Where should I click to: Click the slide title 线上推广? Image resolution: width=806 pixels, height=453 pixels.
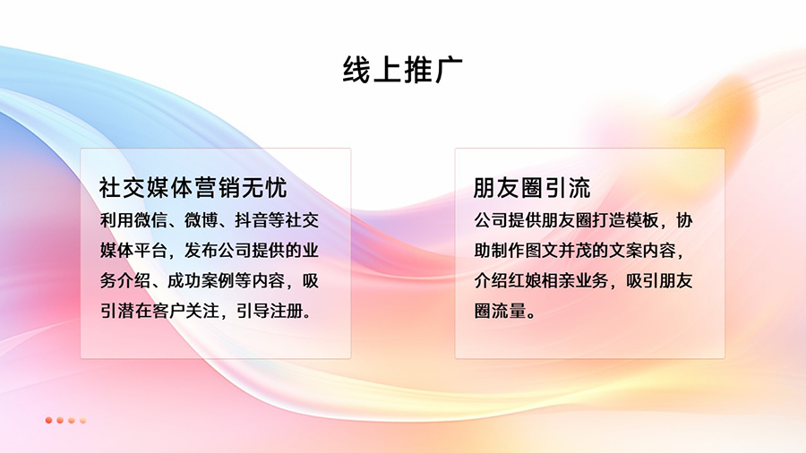click(402, 69)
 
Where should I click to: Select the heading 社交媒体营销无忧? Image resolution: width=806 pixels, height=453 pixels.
click(193, 188)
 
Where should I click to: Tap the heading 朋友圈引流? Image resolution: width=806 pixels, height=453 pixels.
click(531, 188)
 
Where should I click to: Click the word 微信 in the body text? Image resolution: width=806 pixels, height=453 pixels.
click(150, 220)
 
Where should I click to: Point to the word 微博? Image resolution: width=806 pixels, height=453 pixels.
click(201, 220)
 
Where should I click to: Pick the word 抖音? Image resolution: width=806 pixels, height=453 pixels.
click(252, 220)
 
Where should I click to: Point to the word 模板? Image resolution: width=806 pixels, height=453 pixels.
click(642, 220)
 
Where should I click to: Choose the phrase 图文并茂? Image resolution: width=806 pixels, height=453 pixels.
click(558, 251)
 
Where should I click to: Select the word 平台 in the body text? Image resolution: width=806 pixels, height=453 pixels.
click(150, 251)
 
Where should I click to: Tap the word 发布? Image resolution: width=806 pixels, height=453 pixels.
click(201, 251)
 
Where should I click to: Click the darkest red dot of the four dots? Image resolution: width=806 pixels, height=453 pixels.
click(49, 420)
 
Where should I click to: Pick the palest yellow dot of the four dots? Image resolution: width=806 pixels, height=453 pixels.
click(82, 420)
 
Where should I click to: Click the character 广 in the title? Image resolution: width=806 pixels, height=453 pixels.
click(449, 69)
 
